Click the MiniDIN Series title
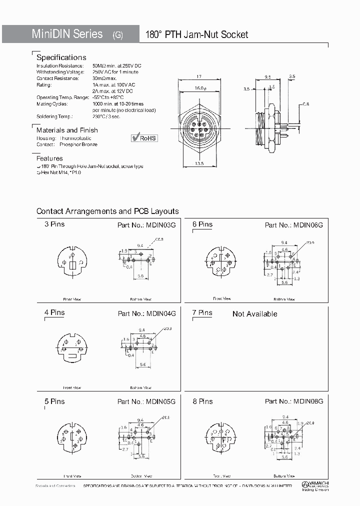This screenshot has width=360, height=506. click(67, 34)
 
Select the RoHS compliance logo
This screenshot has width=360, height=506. click(144, 137)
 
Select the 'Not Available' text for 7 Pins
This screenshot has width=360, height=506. click(254, 314)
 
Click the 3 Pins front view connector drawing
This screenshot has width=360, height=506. click(72, 262)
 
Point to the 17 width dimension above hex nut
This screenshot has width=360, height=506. click(199, 76)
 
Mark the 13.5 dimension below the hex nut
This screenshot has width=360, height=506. click(199, 162)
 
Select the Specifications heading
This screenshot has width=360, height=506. click(61, 57)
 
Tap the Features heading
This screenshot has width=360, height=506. click(49, 158)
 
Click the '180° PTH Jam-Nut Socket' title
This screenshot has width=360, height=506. click(196, 34)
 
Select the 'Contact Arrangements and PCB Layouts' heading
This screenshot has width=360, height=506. click(107, 211)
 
